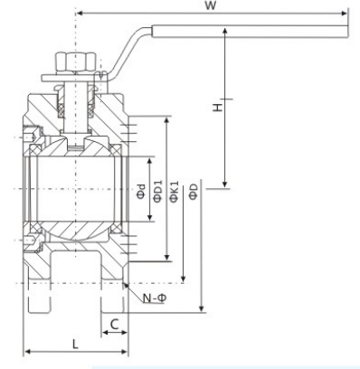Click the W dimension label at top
click(210, 5)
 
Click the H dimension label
click(217, 108)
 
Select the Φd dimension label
click(141, 192)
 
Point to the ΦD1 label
click(157, 191)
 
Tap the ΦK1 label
click(175, 191)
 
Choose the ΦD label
click(194, 191)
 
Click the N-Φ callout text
click(155, 298)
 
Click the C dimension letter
click(114, 325)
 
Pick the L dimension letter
click(75, 344)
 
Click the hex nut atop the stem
click(76, 61)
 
